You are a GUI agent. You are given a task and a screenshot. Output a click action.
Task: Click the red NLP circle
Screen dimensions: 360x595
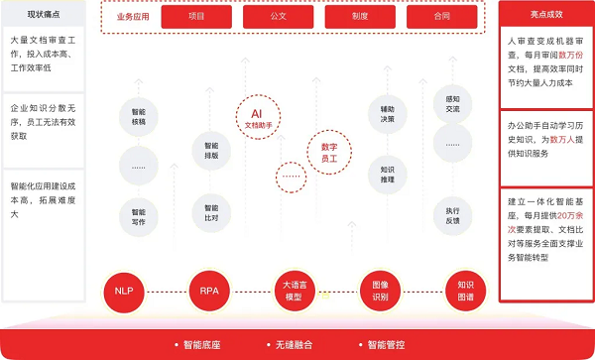pyautogui.click(x=123, y=292)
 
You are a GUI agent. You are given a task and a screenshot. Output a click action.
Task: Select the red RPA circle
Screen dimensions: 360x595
pyautogui.click(x=208, y=292)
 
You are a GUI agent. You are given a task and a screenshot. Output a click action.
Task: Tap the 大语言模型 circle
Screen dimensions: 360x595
pyautogui.click(x=293, y=292)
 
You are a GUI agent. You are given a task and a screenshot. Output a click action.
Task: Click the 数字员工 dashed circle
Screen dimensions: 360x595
pyautogui.click(x=329, y=151)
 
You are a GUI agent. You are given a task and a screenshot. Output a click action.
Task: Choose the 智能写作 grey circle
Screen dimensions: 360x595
pyautogui.click(x=139, y=216)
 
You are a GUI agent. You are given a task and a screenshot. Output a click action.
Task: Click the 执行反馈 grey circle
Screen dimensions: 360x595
pyautogui.click(x=452, y=216)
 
